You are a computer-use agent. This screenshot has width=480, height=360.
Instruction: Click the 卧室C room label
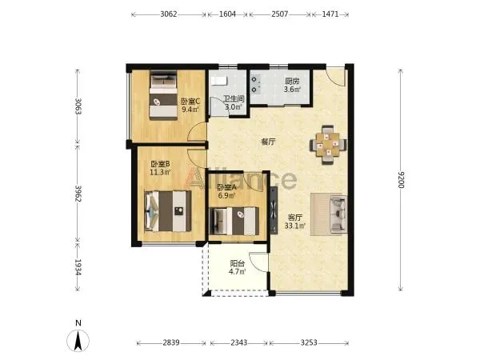[x=190, y=101]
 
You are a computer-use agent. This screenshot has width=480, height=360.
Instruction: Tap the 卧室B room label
[x=160, y=164]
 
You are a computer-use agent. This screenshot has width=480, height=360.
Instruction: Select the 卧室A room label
[x=227, y=188]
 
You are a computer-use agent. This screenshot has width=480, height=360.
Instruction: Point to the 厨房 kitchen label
[x=292, y=82]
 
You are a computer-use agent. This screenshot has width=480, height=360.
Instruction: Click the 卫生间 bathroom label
[x=234, y=99]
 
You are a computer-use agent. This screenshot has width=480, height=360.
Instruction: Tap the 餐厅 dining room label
[x=268, y=142]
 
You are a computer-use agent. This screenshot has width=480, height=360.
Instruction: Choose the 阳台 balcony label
[x=238, y=263]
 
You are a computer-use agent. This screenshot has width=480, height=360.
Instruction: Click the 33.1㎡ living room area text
[x=295, y=226]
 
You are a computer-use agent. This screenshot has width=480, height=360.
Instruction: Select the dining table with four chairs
[x=328, y=145]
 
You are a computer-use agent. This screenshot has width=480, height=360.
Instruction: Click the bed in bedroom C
[x=163, y=95]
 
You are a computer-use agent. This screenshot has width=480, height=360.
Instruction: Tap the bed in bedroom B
[x=168, y=211]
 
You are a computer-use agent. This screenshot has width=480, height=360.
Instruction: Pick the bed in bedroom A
[x=234, y=221]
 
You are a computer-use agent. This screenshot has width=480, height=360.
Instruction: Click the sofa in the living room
[x=338, y=214]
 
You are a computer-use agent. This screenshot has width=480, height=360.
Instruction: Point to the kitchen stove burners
[x=254, y=85]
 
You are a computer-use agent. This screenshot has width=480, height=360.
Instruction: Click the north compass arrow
[x=78, y=341]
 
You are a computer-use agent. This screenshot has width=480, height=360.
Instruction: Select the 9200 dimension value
[x=401, y=180]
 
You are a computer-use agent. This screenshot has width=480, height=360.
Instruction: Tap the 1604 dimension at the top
[x=227, y=14]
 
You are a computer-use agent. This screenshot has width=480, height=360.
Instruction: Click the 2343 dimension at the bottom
[x=238, y=342]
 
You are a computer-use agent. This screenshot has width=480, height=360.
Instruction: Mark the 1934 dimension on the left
[x=78, y=267]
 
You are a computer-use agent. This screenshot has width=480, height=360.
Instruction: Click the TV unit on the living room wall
[x=274, y=210]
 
